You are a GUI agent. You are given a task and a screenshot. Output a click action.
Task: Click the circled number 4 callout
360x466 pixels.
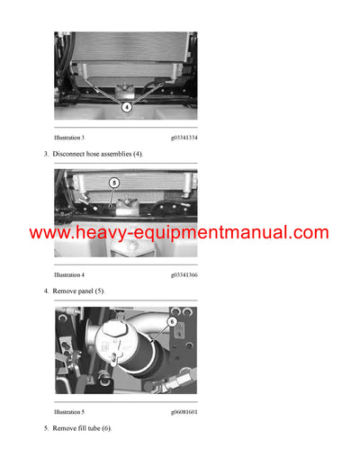point(126,105)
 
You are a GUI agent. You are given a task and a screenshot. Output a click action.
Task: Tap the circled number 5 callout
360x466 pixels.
point(113,183)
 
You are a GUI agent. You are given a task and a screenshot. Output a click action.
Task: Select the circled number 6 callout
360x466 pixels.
point(171,321)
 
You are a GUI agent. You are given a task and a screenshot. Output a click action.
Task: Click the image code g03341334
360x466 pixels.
point(184,138)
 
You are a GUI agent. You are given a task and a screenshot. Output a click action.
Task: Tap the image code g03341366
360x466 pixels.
point(184,273)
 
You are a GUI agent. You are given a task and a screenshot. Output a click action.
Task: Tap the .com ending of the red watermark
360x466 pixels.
point(308,233)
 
